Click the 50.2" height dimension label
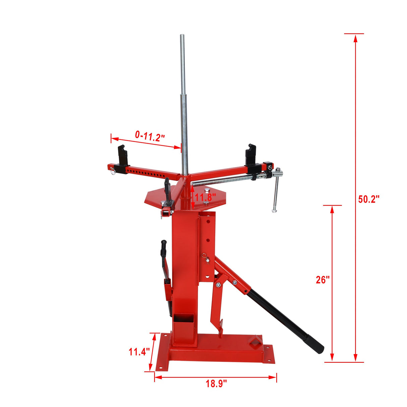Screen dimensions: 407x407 coord(369,199)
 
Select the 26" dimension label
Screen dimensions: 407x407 coord(323,280)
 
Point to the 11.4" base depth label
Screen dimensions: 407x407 coord(139,352)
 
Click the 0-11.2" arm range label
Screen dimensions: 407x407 coord(150,136)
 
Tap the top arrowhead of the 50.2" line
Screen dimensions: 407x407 coord(355,38)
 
